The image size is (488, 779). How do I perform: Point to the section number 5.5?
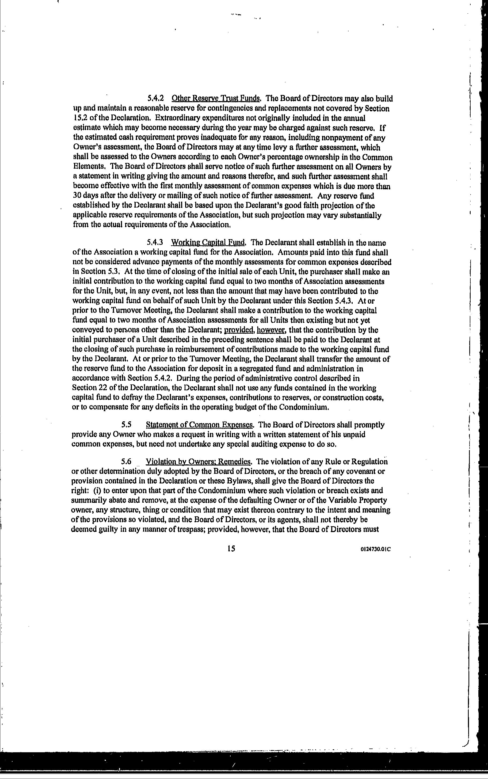(126, 425)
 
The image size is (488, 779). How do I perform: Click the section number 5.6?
(126, 461)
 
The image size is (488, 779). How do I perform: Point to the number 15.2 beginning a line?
(79, 118)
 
